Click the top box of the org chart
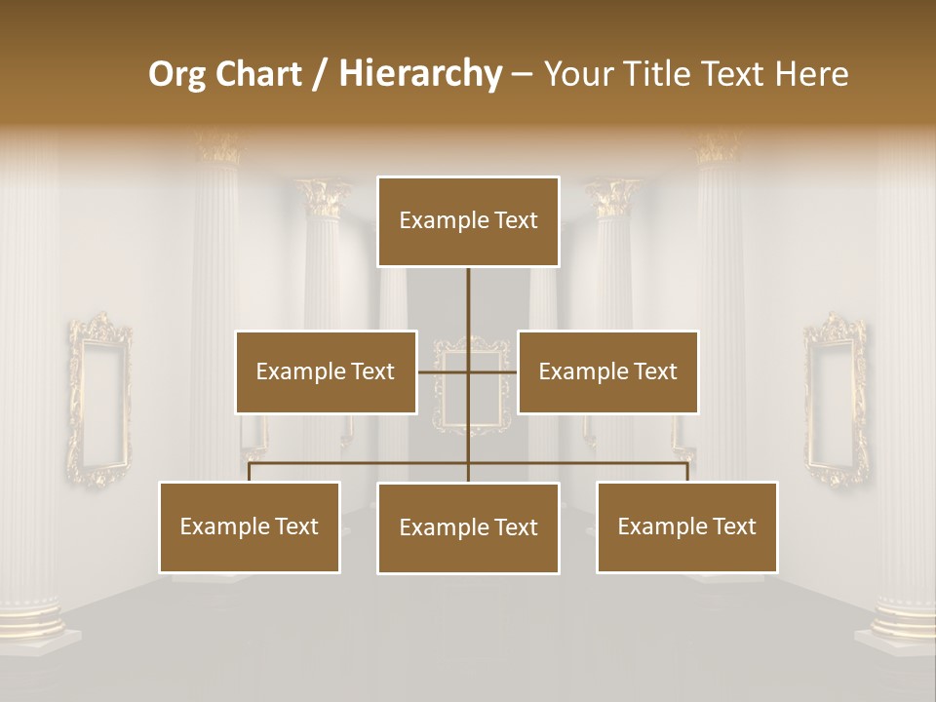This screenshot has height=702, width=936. point(468,221)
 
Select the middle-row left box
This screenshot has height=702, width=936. point(326,371)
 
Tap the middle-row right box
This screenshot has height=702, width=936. point(607,371)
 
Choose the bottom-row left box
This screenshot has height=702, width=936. point(249,526)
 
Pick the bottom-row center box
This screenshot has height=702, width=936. point(468,527)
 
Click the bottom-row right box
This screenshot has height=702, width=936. point(686,526)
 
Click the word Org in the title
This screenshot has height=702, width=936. point(177,74)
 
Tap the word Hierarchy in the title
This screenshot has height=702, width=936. point(419,74)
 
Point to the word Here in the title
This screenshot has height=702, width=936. point(811,74)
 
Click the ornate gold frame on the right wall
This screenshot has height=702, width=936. point(836,400)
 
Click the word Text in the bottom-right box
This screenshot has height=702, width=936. point(734,526)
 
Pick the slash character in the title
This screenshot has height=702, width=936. point(320,74)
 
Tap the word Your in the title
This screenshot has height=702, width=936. point(576,74)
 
